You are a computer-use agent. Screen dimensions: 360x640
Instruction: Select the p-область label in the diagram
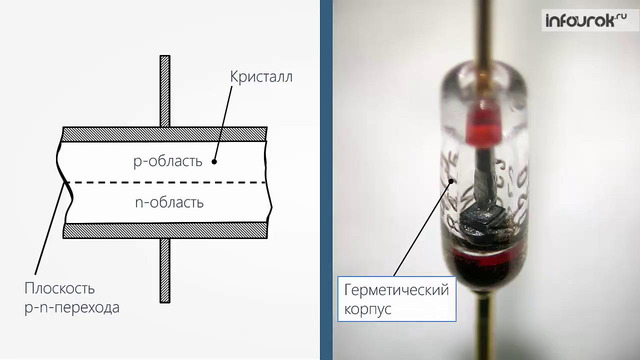168,160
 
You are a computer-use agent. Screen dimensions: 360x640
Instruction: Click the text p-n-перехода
71,307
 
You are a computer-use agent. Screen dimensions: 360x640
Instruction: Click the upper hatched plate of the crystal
165,133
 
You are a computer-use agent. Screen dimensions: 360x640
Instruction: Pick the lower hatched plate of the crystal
165,230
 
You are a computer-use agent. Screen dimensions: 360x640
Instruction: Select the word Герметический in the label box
393,290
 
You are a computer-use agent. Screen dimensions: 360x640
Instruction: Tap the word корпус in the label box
367,309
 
